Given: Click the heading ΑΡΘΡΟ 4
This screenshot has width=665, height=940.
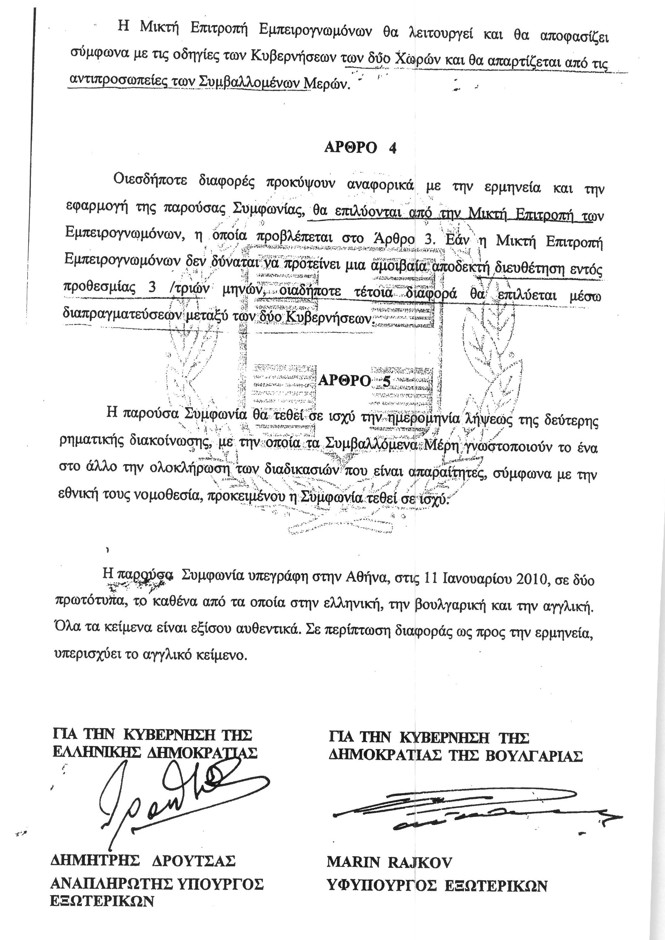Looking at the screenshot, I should [360, 147].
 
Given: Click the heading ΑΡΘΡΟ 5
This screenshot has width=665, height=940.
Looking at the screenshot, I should [354, 381].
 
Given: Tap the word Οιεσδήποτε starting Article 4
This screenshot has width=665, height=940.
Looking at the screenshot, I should [150, 180].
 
